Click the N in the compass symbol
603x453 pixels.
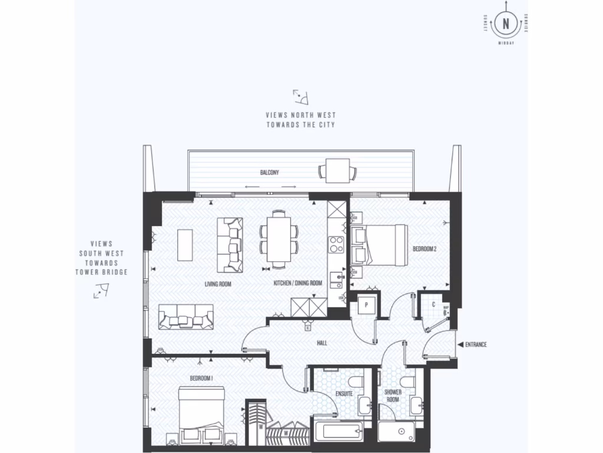point(505,24)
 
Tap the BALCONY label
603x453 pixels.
point(270,173)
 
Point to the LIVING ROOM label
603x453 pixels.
point(217,284)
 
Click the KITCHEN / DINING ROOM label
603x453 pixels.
point(298,284)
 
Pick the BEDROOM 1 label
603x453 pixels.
point(201,377)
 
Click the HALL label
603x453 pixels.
point(322,342)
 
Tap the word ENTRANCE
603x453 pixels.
point(475,344)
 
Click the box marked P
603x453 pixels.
point(366,306)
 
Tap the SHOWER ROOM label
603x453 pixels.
point(393,395)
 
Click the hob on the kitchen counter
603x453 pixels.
point(336,244)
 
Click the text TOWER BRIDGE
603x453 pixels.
point(101,272)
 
